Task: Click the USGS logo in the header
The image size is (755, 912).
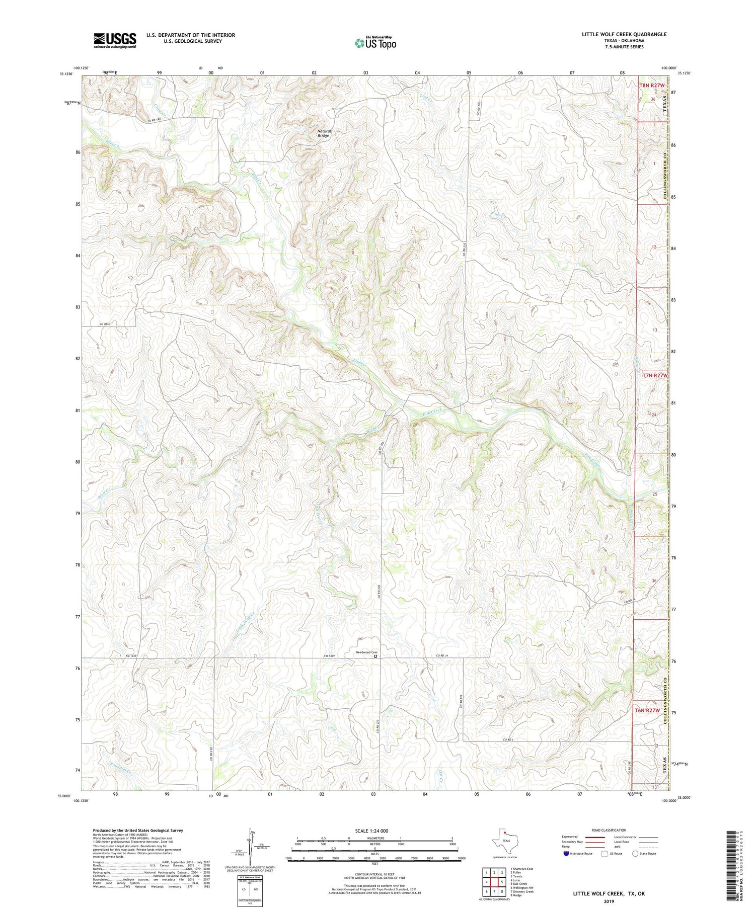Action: [115, 40]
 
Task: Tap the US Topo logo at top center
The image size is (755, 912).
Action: [375, 43]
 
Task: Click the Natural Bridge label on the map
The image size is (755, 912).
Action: [323, 133]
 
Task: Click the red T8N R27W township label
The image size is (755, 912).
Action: [652, 86]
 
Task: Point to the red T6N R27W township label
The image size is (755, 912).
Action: [647, 710]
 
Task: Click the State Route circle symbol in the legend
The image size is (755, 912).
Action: [635, 853]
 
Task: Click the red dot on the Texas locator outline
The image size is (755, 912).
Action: [505, 838]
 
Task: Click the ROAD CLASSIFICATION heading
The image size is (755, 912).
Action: [609, 830]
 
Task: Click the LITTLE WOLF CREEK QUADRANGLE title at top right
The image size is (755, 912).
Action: [624, 34]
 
